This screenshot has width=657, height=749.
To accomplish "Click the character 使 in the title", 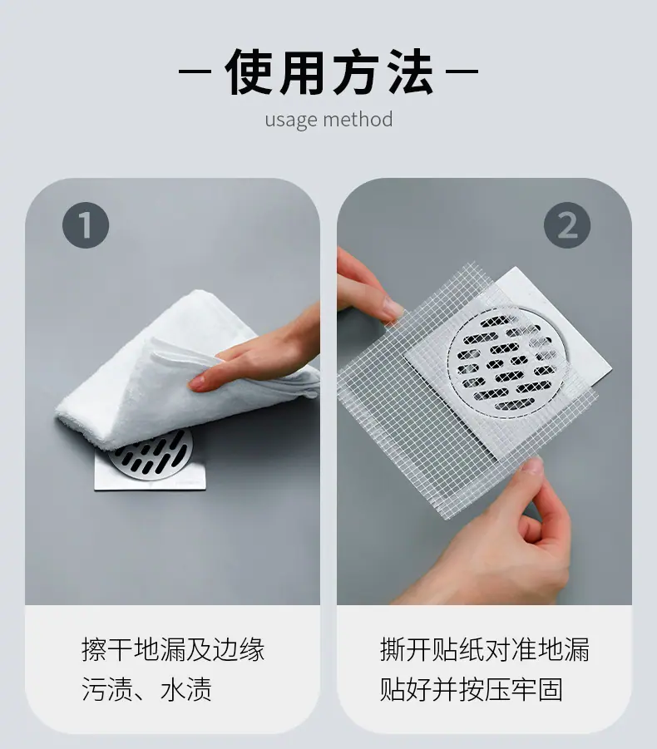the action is [x=249, y=71].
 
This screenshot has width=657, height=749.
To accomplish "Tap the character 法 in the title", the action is [x=409, y=71].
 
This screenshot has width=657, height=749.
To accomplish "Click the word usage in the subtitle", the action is [x=290, y=120].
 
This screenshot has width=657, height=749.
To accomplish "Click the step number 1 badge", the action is [x=86, y=225].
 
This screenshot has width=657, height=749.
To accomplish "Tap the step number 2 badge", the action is [x=567, y=225].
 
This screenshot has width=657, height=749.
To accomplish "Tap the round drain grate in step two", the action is [x=507, y=361].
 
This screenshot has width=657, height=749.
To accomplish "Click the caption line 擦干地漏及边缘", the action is [x=173, y=649].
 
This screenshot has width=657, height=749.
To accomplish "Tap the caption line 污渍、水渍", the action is [x=146, y=689].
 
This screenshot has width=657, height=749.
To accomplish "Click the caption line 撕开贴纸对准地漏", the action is [x=485, y=649].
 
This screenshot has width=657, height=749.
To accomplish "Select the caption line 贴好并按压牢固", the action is [x=472, y=689].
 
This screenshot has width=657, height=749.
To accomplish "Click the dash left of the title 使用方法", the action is [x=195, y=71].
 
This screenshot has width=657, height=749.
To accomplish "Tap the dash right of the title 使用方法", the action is [x=462, y=71].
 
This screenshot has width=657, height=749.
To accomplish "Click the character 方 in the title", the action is [x=356, y=71].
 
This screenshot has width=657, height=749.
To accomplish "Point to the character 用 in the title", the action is [x=303, y=71].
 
